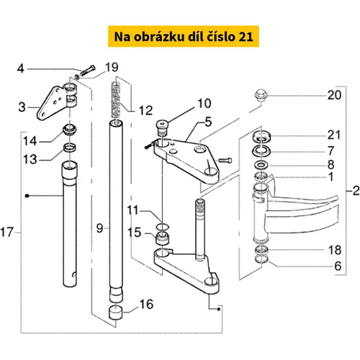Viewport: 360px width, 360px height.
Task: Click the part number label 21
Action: (334, 135)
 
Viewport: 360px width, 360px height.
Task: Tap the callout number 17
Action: (6, 233)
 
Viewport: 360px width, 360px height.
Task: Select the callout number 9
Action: (99, 228)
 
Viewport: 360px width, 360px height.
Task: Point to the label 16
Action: (146, 304)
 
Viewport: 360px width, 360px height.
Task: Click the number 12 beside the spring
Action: (145, 110)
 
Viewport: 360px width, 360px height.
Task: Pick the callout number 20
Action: (334, 95)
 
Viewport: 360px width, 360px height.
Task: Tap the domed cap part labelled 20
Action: (261, 95)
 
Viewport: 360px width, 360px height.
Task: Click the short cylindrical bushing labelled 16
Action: (116, 312)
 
